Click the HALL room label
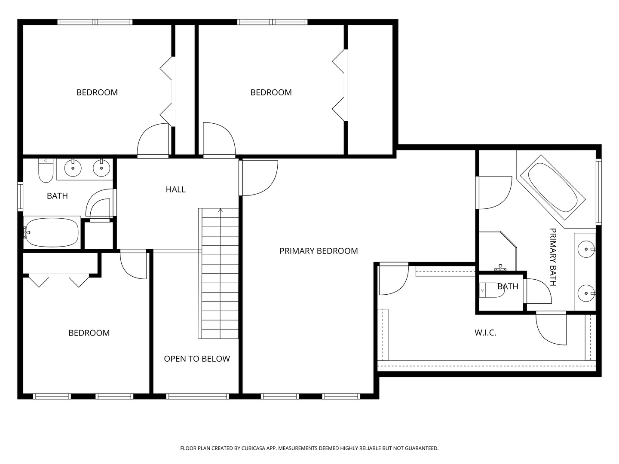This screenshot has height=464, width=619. click(175, 189)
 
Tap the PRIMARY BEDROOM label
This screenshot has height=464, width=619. click(319, 251)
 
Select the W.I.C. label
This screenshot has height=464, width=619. click(485, 333)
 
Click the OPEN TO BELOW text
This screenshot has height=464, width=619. click(197, 359)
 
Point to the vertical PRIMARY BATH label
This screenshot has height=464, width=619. click(553, 257)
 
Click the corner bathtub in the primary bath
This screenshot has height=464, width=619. click(552, 187)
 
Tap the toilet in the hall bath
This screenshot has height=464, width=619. click(46, 171)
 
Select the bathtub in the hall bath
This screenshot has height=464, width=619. click(52, 232)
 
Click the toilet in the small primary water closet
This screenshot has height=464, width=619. click(492, 290)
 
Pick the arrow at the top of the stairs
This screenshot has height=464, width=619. click(220, 210)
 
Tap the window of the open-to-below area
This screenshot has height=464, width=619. click(197, 397)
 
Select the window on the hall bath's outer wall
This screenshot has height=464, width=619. click(20, 196)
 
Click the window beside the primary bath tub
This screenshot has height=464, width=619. click(599, 192)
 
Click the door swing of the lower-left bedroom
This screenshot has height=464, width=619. click(133, 264)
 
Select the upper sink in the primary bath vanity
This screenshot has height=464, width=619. click(586, 249)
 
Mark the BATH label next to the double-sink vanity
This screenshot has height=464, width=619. click(57, 196)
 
